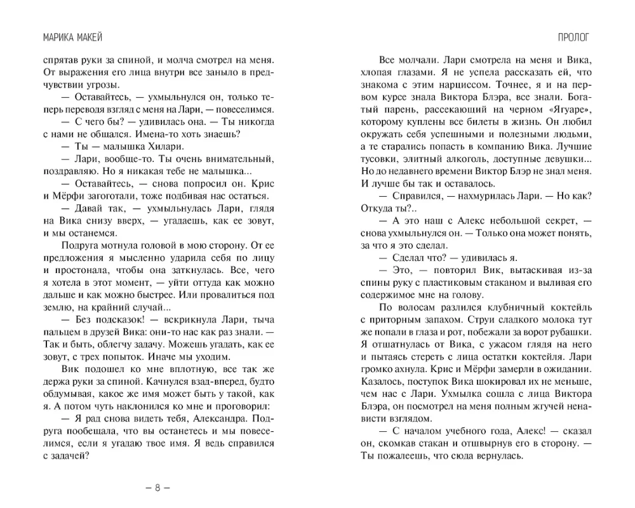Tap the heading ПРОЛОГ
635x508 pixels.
click(573, 37)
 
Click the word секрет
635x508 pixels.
click(555, 220)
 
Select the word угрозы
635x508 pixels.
click(106, 85)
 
